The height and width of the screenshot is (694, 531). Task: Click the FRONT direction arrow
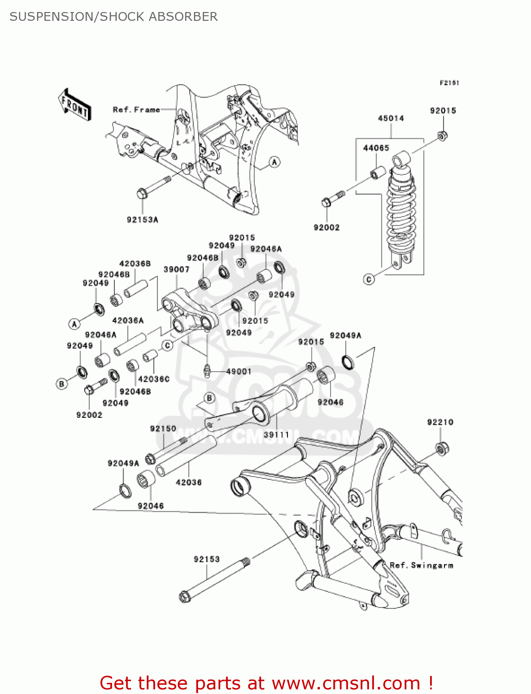pos(75,105)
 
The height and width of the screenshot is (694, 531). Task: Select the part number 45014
pos(391,118)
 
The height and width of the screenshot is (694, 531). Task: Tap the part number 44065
pos(376,148)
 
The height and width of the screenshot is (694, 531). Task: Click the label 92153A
pos(142,219)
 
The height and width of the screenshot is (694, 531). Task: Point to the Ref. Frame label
pos(136,110)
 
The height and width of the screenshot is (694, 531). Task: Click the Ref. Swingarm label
pos(421,565)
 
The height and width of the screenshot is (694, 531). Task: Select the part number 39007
pos(176,269)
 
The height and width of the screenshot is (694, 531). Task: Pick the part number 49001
pos(239,372)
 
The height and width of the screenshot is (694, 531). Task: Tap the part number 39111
pos(277,435)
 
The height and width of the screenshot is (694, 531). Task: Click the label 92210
pos(440,422)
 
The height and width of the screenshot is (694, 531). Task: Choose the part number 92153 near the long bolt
pos(206,559)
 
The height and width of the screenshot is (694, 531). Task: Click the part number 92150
pos(163,429)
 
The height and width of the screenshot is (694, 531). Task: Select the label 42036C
pos(154,379)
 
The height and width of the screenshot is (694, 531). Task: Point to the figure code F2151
pos(450,83)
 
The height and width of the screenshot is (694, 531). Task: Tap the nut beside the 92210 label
pos(442,448)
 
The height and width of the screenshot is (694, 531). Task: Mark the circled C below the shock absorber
pos(369,279)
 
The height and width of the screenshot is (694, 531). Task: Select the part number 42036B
pos(135,263)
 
